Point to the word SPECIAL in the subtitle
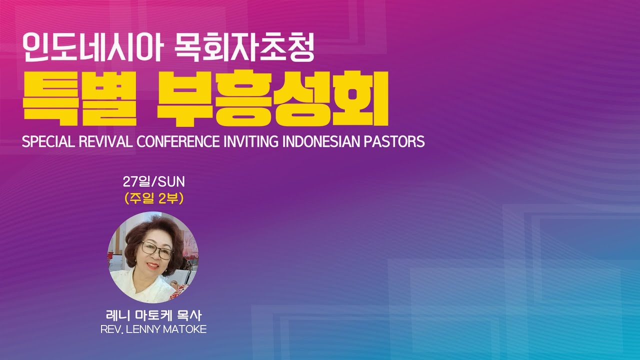click(48, 141)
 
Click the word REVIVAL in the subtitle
click(105, 141)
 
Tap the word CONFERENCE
click(178, 141)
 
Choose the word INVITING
click(251, 141)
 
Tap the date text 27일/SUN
click(153, 181)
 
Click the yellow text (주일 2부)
click(153, 198)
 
